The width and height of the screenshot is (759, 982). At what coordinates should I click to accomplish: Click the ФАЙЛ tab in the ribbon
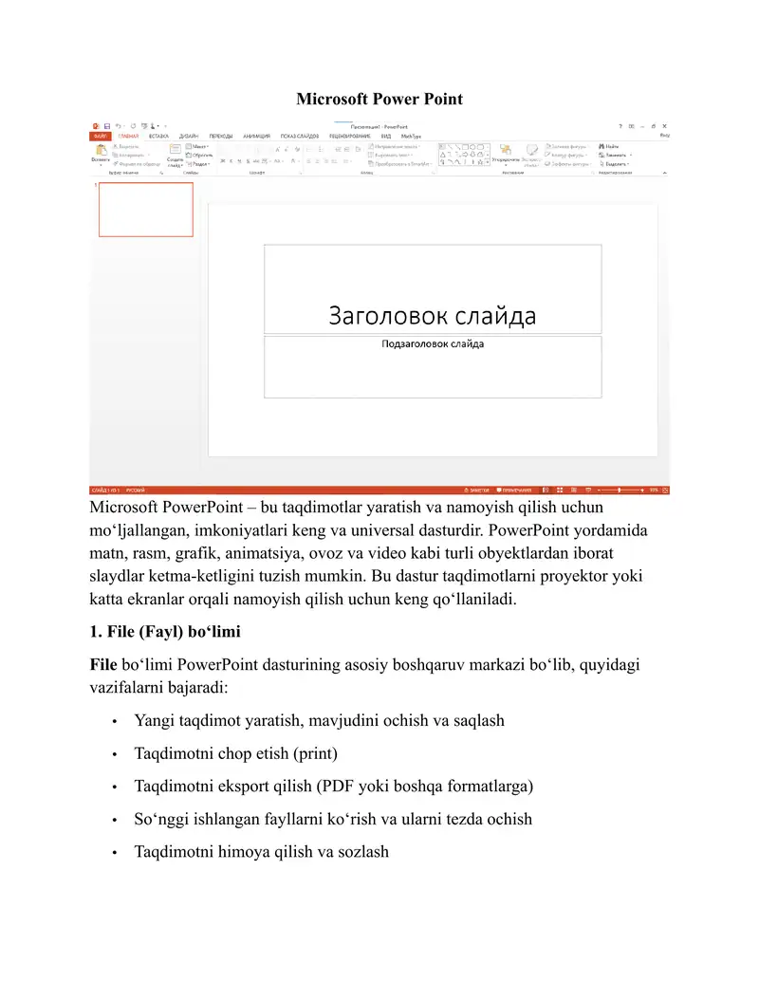point(99,136)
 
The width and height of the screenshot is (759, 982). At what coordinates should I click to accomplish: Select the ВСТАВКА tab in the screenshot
point(158,136)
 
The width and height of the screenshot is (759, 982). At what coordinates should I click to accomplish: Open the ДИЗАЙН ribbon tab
point(189,136)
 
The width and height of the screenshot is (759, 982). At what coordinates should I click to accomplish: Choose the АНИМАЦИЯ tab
point(256,136)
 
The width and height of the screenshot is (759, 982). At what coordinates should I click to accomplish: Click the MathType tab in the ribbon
point(411,136)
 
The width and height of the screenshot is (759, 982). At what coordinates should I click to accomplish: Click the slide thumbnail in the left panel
point(146,210)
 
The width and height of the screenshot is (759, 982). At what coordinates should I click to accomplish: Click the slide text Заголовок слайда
point(432,315)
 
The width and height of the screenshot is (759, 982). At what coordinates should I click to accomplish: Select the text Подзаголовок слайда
point(432,343)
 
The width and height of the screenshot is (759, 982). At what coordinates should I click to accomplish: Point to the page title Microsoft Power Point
point(379,99)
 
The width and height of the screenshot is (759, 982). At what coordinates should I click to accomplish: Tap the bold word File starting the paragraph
point(103,664)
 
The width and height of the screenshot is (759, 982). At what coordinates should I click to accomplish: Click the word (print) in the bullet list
point(315,753)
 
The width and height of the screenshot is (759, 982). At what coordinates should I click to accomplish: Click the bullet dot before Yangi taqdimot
point(115,721)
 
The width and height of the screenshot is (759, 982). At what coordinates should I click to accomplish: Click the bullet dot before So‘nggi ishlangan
point(115,820)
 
